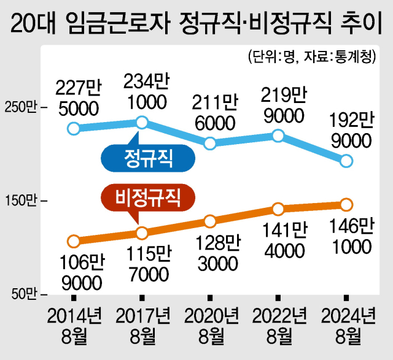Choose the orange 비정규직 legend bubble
coord(147,197)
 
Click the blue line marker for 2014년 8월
coord(74,128)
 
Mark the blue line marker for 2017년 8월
coord(142,123)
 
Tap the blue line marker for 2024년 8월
coord(346,161)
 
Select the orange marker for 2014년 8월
coord(74,240)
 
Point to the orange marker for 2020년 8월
coord(210,221)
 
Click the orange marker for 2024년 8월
coord(346,204)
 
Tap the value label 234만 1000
coord(145,91)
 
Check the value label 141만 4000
coord(282,240)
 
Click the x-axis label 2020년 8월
coord(212,326)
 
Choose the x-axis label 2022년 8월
coord(280,326)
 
